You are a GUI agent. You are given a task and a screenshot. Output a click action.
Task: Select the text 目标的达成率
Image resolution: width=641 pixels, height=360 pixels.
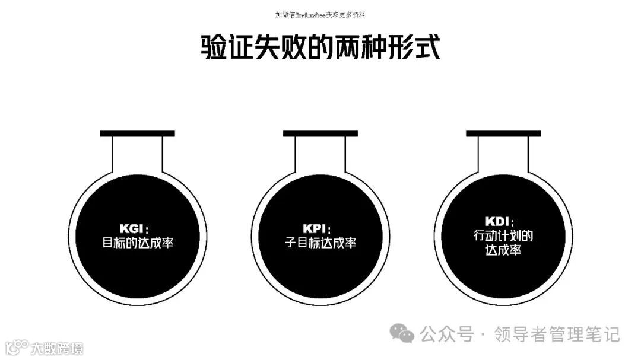pos(138,243)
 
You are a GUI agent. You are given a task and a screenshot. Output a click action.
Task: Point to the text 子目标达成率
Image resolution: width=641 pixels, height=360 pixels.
pos(320,243)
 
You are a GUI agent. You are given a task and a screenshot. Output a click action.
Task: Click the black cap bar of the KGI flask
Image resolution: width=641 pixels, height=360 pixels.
pos(137,133)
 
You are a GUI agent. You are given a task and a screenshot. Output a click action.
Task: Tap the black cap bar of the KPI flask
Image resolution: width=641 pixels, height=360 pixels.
pos(320,133)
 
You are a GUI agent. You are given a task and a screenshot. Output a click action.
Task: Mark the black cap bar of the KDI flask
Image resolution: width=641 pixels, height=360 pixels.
pos(503,133)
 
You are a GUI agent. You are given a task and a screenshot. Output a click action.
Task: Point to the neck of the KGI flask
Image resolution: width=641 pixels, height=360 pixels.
pos(137,154)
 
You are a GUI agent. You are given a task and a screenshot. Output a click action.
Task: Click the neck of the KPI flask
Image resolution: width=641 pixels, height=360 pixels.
pos(320,154)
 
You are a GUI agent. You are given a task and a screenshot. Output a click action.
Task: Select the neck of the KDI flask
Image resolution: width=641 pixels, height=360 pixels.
pos(503,154)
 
